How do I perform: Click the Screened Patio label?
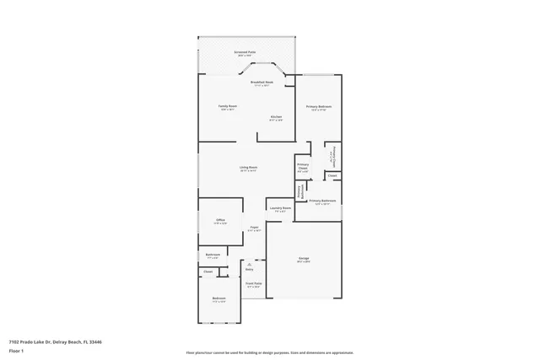(246, 52)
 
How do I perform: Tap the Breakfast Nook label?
(262, 83)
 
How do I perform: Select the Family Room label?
(228, 107)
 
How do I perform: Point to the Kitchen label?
(276, 117)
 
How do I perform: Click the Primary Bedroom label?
(318, 107)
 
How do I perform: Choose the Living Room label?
(247, 168)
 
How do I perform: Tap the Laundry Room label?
(280, 208)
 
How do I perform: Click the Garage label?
(304, 260)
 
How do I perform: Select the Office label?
(219, 221)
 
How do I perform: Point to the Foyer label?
(254, 228)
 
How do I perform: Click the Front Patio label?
(253, 284)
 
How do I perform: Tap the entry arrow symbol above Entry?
(250, 264)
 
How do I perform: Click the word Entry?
(250, 269)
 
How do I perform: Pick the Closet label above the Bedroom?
(208, 271)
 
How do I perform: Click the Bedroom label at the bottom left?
(219, 299)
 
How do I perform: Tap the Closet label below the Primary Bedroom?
(332, 175)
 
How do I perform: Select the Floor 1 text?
(17, 352)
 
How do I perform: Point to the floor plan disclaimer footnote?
(269, 353)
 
